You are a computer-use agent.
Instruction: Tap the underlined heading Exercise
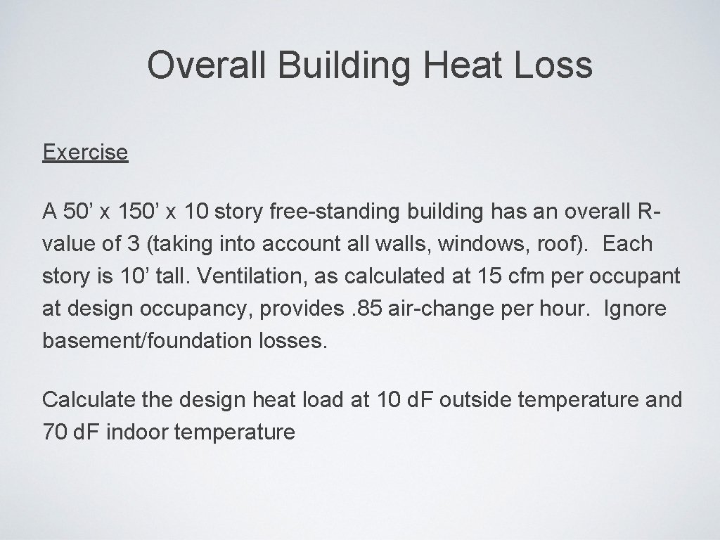(85, 152)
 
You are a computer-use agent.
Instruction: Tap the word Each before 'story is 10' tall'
(628, 244)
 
